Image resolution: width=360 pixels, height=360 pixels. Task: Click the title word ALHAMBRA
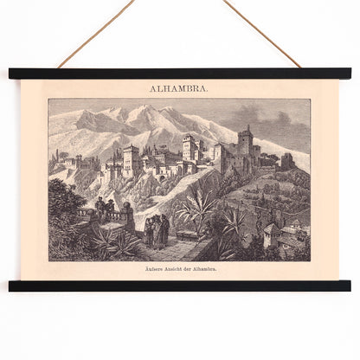click(x=179, y=88)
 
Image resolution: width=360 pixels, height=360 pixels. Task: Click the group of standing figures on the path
click(x=157, y=230)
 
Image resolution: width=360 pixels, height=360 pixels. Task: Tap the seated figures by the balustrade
click(x=103, y=207)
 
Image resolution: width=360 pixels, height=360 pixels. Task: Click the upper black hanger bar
click(x=179, y=74)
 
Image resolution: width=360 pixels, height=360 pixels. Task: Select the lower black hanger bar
click(x=179, y=286)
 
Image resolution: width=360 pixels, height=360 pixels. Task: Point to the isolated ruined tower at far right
click(x=286, y=161)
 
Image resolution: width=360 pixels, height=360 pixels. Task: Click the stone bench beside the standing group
click(x=178, y=238)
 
